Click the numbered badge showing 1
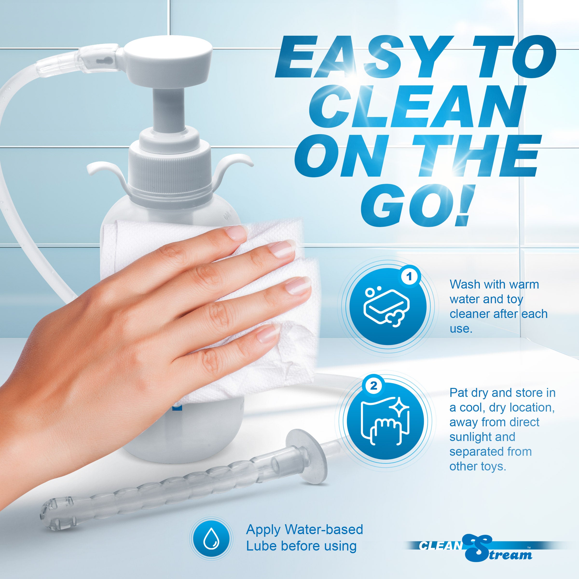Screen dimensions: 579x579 click(409, 276)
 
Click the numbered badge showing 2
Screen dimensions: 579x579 click(373, 386)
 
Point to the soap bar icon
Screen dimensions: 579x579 click(386, 307)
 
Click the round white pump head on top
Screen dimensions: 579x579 click(168, 58)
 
